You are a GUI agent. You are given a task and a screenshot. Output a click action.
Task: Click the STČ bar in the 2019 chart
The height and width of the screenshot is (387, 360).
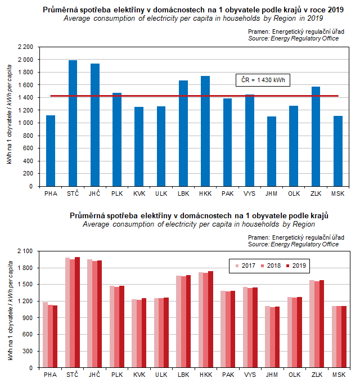[73, 124]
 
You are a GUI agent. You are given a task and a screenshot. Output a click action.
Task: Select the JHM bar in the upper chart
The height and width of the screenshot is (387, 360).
[272, 152]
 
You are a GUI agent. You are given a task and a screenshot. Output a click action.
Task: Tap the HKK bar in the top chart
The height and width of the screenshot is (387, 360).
[205, 132]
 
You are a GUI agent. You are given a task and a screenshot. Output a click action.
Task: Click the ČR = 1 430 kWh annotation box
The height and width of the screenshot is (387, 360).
[259, 80]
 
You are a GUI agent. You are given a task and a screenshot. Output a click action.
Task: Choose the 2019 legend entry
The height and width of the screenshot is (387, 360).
[297, 265]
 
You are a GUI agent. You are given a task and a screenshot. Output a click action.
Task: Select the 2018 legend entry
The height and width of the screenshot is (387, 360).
[271, 265]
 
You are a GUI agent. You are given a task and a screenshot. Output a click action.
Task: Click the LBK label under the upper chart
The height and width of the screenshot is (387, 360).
[183, 194]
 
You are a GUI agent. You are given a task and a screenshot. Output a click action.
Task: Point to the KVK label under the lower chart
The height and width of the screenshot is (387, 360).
[139, 375]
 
